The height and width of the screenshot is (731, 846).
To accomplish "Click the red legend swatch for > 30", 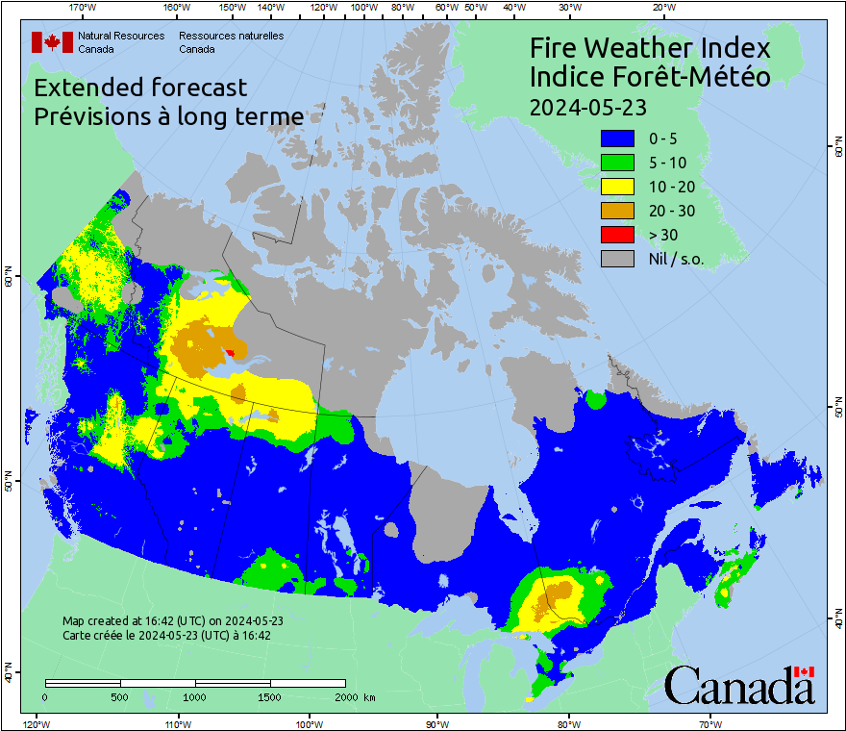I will coord(617,234).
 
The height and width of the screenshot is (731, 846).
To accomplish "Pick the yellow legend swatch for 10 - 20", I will coord(617,186).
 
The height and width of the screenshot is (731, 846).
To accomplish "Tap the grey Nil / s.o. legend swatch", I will coord(617,258).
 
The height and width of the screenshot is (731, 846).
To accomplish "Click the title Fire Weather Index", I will coord(650,48).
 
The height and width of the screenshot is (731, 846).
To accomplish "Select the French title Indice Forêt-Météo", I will coord(650,77).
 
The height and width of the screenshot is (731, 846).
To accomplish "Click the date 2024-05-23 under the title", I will coord(587,105).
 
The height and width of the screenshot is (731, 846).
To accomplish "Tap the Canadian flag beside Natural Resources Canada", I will coord(52,41).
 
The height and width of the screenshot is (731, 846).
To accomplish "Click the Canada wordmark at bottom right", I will coord(739,685).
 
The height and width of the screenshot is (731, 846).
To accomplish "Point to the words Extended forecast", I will coord(140,88).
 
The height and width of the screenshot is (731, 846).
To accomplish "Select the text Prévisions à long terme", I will coord(169,116).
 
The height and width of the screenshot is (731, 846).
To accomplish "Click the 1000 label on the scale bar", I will coord(195,696).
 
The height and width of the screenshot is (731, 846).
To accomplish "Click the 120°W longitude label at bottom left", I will coord(36,723).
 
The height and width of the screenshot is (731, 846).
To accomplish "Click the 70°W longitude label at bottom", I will coord(709,723).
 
